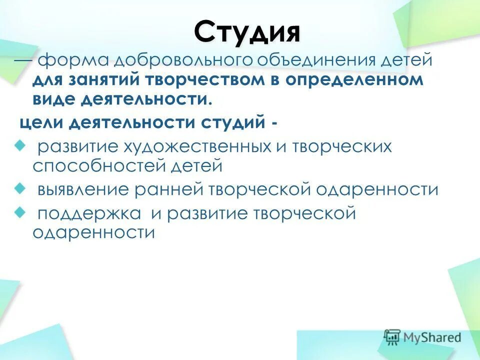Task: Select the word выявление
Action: click(82, 190)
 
